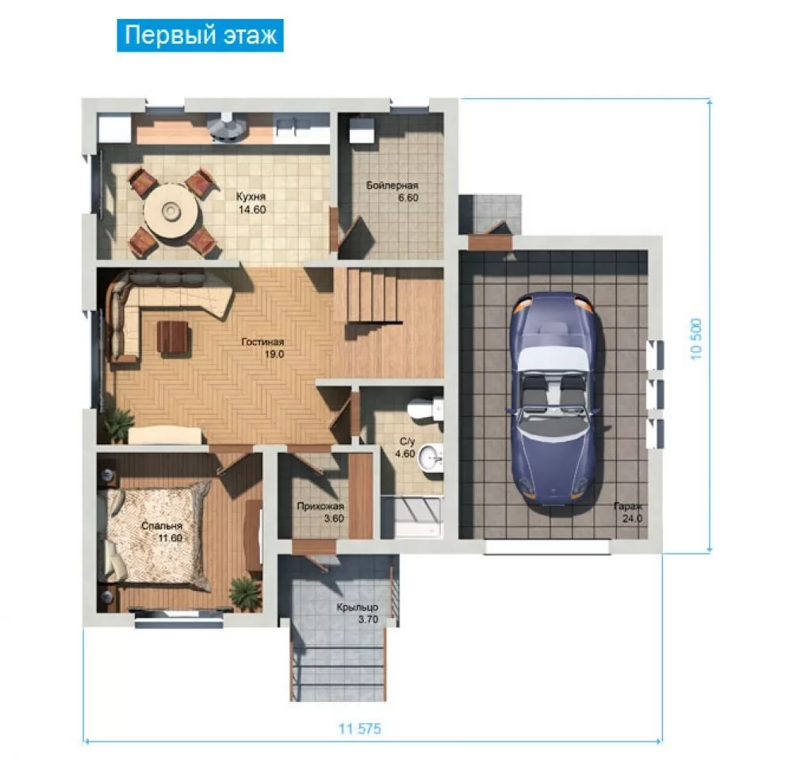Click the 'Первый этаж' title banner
coord(201,36)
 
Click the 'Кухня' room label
coord(251,196)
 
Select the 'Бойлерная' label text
coord(392,185)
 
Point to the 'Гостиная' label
coord(262,342)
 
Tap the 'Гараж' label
coord(627,506)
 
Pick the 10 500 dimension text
coord(696,339)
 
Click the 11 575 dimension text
coord(359,729)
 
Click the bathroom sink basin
coord(431,458)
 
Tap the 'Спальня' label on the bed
coord(161,526)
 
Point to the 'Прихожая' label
coord(320,506)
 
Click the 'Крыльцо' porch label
coord(357,607)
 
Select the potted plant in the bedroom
coord(245,590)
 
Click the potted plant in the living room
coord(118,424)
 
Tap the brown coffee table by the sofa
coord(174,336)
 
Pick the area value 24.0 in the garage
coord(632,518)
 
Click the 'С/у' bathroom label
coord(407,442)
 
